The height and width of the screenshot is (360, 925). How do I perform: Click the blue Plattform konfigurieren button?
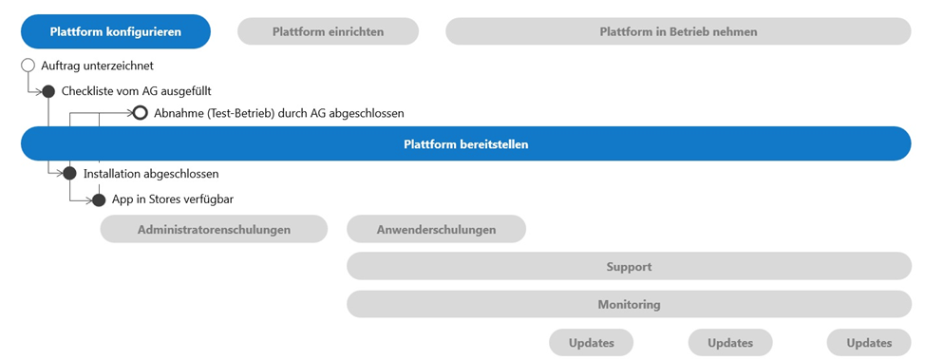(x=116, y=31)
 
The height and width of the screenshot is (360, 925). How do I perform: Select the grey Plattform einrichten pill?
(x=328, y=31)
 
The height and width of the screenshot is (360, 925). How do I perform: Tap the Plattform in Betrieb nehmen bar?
(x=678, y=31)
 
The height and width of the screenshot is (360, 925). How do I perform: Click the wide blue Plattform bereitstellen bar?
(x=466, y=144)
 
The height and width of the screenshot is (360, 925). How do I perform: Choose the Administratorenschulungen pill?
(x=214, y=229)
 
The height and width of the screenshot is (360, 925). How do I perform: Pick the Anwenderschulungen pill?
(x=436, y=229)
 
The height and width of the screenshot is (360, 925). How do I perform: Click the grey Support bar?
(x=629, y=266)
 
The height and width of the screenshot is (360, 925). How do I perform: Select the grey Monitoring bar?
(x=629, y=305)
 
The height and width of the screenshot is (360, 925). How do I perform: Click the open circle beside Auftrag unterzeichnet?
(x=28, y=65)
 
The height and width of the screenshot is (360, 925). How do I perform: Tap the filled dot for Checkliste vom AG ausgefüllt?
(x=48, y=91)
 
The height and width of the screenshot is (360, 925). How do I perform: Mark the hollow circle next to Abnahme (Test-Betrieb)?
(x=140, y=112)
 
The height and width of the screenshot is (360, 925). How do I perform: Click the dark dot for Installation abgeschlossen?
(x=69, y=174)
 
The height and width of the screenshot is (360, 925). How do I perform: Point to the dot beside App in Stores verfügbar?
(x=99, y=200)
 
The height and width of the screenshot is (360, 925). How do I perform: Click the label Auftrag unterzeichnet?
(x=97, y=66)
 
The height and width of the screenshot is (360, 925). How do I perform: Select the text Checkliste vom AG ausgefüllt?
(x=136, y=91)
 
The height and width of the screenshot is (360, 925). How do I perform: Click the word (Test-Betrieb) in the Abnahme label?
(x=235, y=113)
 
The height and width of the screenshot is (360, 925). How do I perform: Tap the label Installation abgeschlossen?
(x=151, y=174)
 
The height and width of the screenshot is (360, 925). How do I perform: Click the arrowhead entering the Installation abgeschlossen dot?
(x=59, y=174)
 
